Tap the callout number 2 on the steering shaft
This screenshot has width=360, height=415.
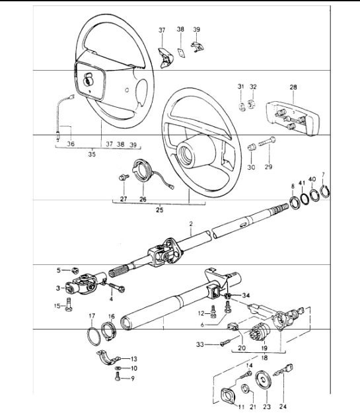tap(190, 225)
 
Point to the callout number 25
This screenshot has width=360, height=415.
tap(159, 210)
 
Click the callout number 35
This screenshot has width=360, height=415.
tap(92, 155)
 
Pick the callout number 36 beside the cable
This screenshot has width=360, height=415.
tap(71, 144)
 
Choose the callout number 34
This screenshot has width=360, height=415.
tap(246, 295)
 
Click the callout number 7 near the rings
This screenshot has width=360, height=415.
tap(323, 175)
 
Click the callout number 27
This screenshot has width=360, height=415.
tap(124, 198)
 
